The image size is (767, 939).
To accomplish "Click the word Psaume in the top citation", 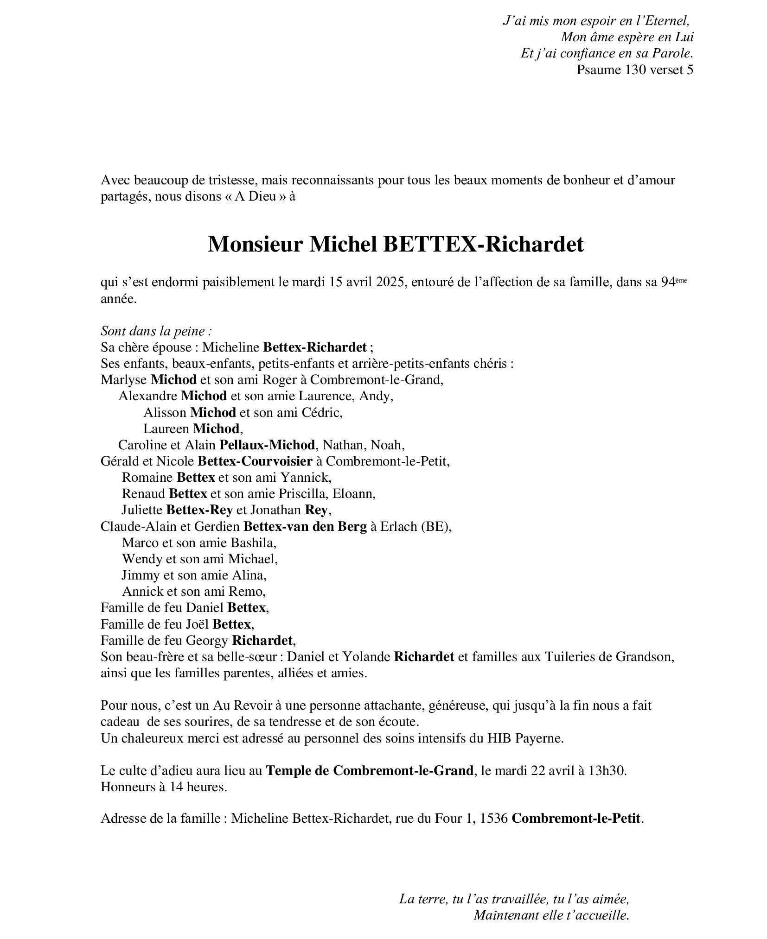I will (x=599, y=69).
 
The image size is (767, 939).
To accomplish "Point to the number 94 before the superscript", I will (x=667, y=282).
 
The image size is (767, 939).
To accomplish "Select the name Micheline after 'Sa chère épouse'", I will (x=230, y=347).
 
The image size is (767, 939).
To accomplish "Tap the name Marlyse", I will (x=124, y=380).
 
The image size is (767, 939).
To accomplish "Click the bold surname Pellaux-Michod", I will (x=267, y=445).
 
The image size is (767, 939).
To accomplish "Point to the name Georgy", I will (x=207, y=640).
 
